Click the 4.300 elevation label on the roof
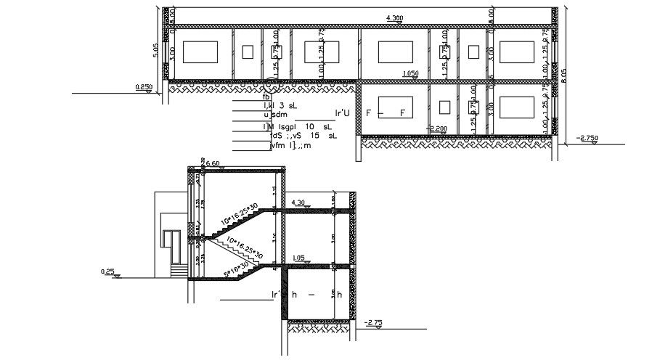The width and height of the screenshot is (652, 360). click(x=396, y=17)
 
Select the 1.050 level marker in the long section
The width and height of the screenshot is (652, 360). click(x=410, y=73)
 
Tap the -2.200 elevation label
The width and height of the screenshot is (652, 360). click(x=438, y=128)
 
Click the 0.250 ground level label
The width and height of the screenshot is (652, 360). click(x=144, y=87)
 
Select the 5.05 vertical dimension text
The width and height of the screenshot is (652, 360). click(x=155, y=49)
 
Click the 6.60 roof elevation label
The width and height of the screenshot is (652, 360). click(x=213, y=164)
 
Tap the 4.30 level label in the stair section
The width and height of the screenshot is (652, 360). click(x=298, y=202)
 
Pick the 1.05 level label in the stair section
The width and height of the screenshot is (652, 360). click(x=298, y=258)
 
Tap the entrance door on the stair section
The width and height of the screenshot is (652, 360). click(x=171, y=247)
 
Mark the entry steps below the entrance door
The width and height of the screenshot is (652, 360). click(x=176, y=271)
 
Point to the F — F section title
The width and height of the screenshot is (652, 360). click(x=384, y=114)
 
